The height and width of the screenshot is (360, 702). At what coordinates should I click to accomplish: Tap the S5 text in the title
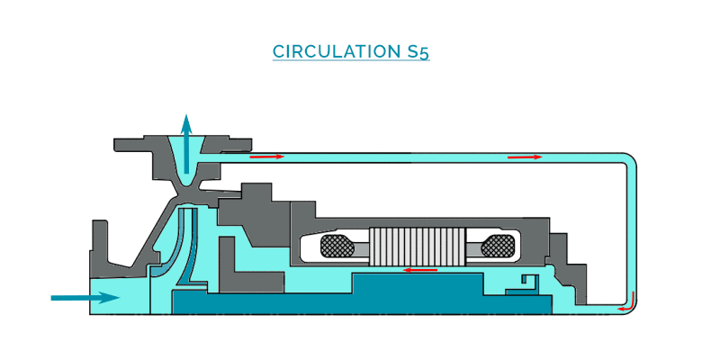415,51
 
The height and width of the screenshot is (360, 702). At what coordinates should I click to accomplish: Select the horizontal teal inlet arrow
85,297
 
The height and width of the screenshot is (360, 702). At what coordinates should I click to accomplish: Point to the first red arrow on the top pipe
266,157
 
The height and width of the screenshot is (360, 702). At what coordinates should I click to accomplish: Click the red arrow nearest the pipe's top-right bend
525,157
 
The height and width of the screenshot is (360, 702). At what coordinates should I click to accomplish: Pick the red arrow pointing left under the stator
420,269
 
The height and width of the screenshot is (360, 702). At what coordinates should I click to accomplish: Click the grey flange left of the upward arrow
139,144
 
